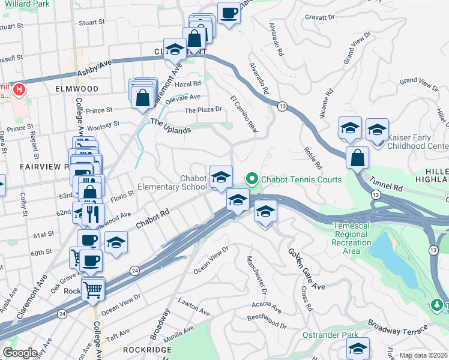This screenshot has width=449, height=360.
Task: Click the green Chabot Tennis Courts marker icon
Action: (x=252, y=179)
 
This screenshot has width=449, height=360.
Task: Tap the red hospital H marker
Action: (x=19, y=91)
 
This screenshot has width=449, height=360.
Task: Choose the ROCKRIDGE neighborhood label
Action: (x=143, y=349)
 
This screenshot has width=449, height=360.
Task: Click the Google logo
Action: (x=20, y=353)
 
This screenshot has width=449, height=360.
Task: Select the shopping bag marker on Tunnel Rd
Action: (x=357, y=157)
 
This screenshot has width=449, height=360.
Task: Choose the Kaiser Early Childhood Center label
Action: (x=417, y=142)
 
